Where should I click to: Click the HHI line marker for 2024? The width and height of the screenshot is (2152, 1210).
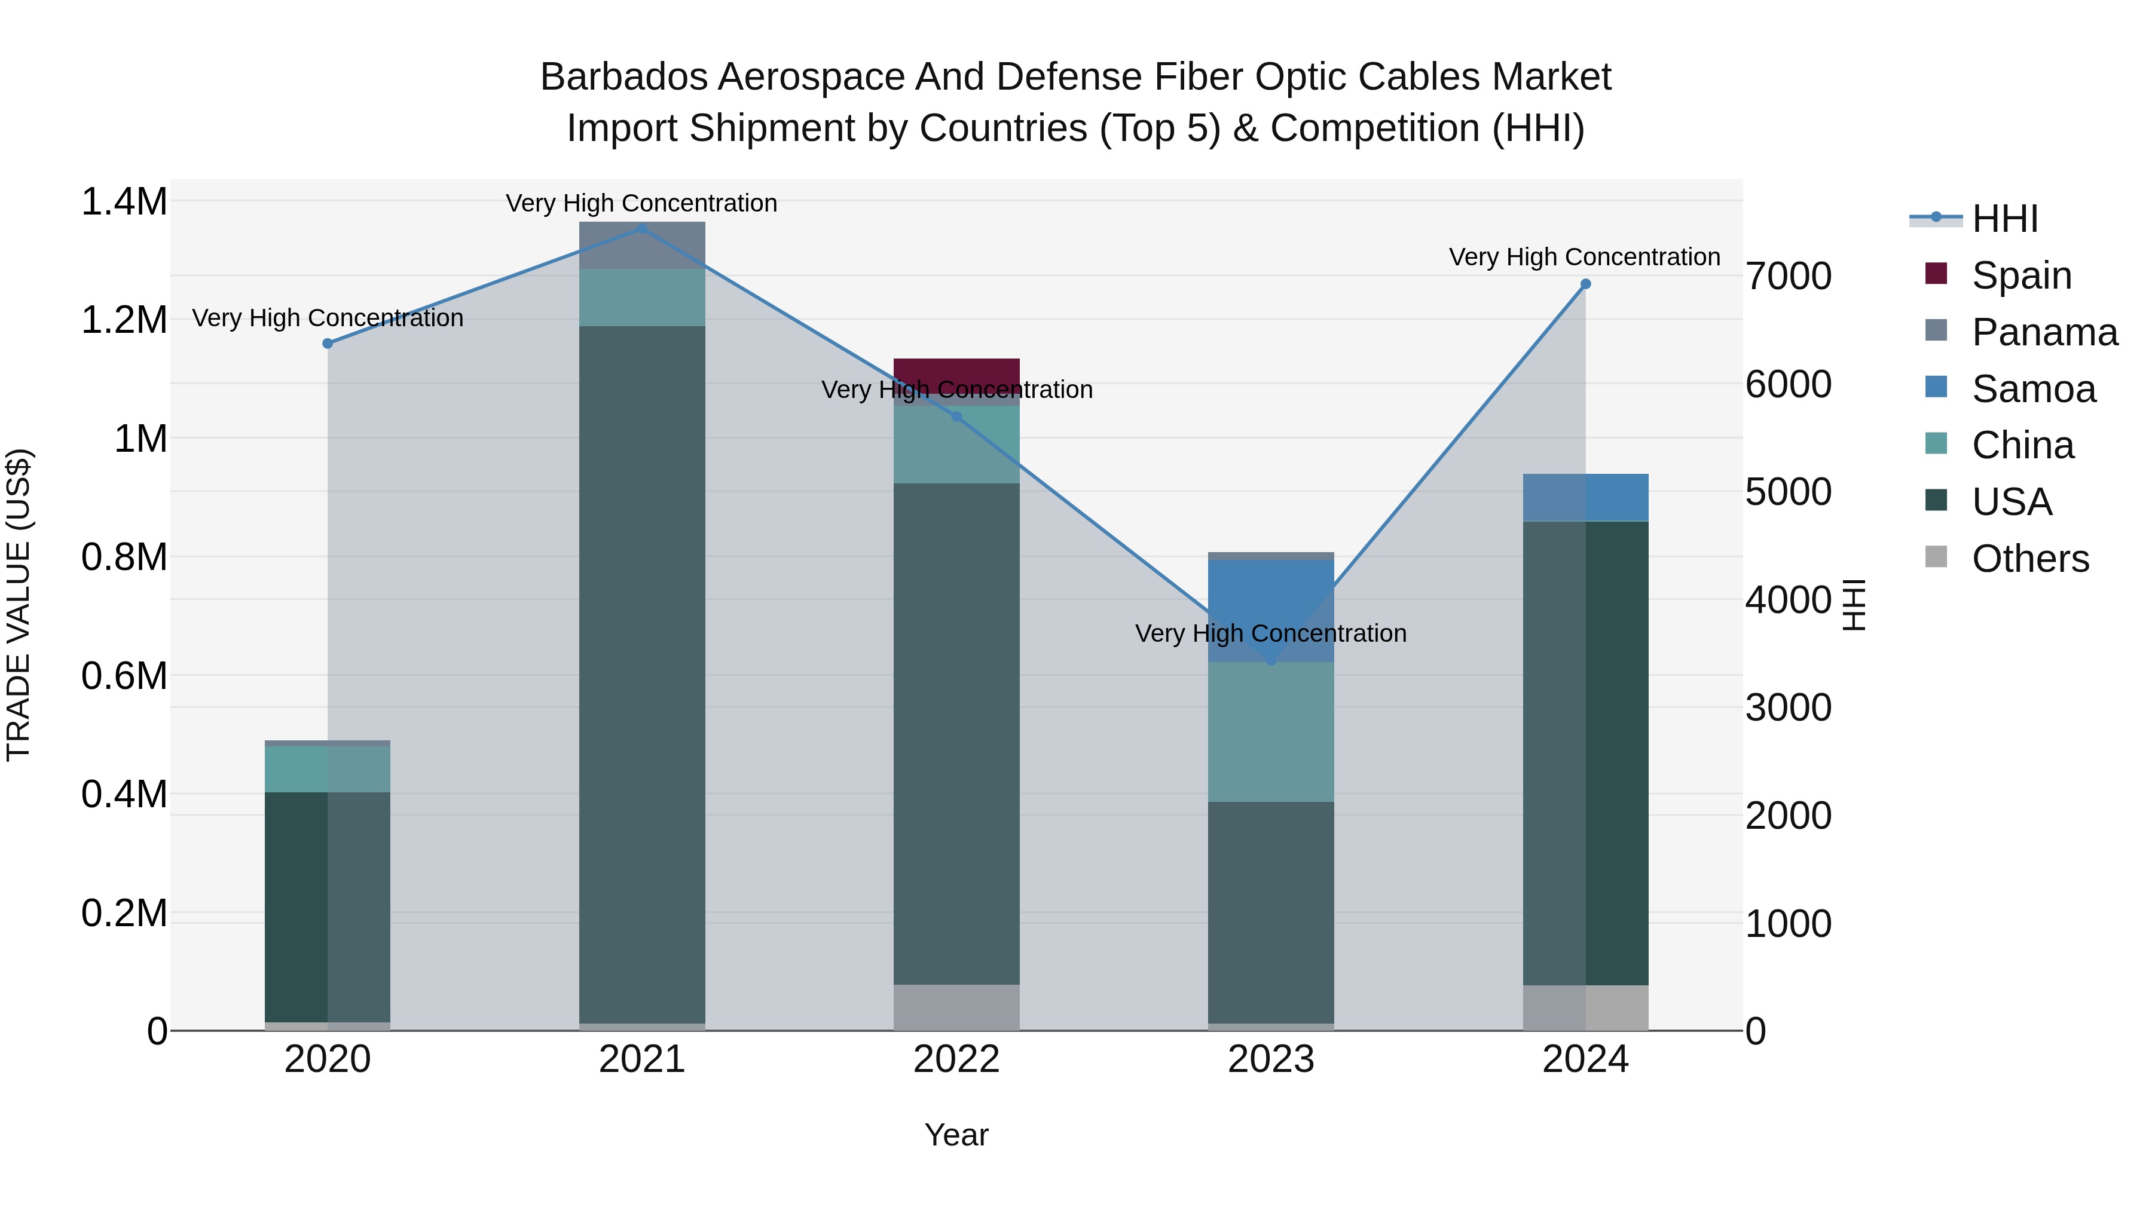tap(1585, 284)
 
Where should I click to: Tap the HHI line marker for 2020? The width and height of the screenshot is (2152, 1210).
tap(328, 343)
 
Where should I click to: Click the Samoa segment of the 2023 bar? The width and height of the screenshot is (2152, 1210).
tap(1271, 609)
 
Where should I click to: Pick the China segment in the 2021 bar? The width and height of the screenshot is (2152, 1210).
tap(641, 298)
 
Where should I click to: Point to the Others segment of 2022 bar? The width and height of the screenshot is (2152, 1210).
tap(956, 1007)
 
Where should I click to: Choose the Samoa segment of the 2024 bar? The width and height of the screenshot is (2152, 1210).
tap(1585, 498)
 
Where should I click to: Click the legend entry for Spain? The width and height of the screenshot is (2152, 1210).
tap(2021, 275)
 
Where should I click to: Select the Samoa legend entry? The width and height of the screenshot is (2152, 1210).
tap(2034, 389)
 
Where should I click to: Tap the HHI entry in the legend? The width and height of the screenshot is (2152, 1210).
tap(2004, 219)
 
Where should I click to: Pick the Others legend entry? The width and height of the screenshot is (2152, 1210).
tap(2030, 559)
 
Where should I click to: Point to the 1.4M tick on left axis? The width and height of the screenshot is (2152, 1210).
tap(124, 202)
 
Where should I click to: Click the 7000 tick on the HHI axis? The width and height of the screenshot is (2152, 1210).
tap(1789, 277)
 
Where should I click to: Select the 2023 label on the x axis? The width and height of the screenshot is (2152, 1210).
tap(1271, 1059)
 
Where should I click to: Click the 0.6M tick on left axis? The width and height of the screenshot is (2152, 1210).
tap(124, 676)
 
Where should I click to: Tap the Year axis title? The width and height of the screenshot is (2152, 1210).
tap(956, 1135)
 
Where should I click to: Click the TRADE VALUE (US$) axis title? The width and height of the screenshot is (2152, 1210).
tap(19, 605)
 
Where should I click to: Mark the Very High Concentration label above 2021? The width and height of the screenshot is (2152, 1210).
tap(641, 203)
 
